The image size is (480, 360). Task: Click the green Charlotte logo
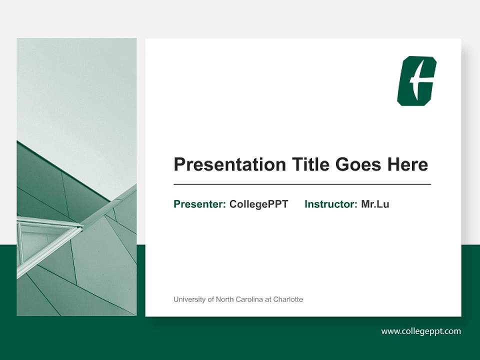coord(416,81)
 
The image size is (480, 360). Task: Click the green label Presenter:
coord(199,204)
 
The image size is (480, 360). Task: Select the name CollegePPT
coord(258,204)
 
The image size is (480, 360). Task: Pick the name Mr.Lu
coord(375,204)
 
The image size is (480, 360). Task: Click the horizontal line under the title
coord(302,184)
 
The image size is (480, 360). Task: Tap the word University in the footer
coord(189,299)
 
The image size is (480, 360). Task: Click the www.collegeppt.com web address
coord(420,331)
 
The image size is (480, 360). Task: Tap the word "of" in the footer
coord(210,299)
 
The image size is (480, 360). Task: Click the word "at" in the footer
coord(268,299)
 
